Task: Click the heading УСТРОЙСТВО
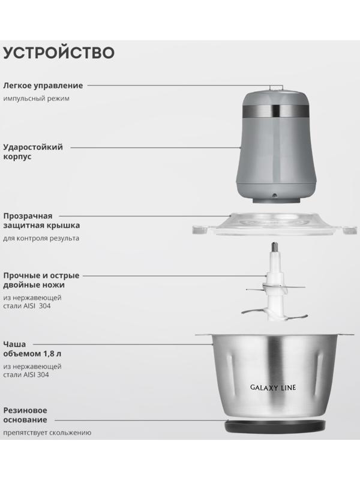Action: (x=59, y=52)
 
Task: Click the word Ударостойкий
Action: (x=33, y=146)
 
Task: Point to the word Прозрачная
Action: (x=28, y=215)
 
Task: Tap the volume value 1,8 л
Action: (x=68, y=355)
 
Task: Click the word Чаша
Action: (x=14, y=344)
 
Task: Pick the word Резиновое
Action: (x=26, y=410)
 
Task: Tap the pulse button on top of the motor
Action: (x=274, y=88)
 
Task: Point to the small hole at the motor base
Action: (x=274, y=195)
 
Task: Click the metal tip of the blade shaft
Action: (x=274, y=248)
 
